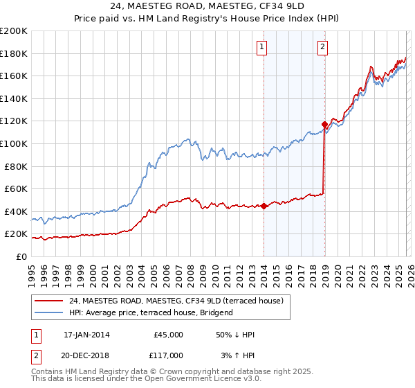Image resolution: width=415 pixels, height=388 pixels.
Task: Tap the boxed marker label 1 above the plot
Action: [263, 47]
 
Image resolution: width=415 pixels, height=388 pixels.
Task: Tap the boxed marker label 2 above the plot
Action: [323, 47]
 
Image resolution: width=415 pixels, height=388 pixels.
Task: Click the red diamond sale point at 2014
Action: [264, 206]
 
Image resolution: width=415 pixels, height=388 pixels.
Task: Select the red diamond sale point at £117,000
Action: [324, 125]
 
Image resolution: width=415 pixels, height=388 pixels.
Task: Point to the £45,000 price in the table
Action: [168, 335]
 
